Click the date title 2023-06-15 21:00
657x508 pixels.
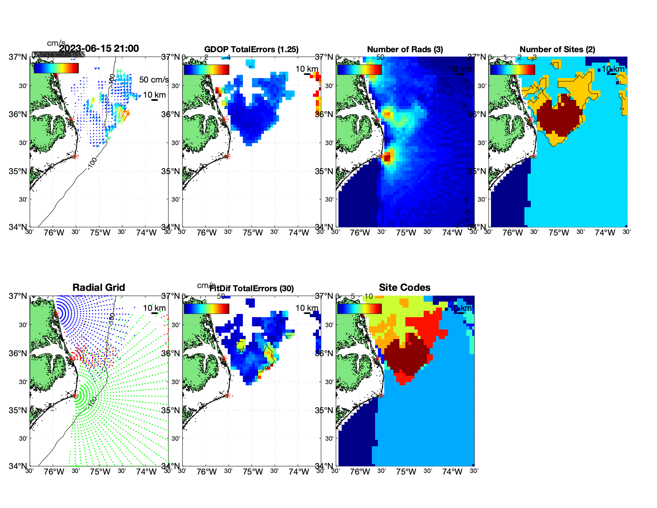(99, 49)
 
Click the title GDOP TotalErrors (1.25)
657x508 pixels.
(251, 49)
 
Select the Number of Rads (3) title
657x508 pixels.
(405, 49)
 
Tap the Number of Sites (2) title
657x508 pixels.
(557, 49)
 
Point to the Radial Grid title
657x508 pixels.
(99, 288)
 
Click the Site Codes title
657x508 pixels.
(405, 288)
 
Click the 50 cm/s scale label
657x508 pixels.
(154, 80)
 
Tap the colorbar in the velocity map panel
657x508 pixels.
(56, 69)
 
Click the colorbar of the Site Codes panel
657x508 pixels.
(359, 309)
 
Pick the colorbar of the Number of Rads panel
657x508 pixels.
(359, 70)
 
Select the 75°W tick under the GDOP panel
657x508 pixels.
(253, 233)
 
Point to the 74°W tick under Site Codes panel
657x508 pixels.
(452, 472)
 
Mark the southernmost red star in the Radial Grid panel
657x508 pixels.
(75, 396)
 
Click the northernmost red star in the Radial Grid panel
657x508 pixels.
(56, 314)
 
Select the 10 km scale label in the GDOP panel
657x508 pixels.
(307, 69)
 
